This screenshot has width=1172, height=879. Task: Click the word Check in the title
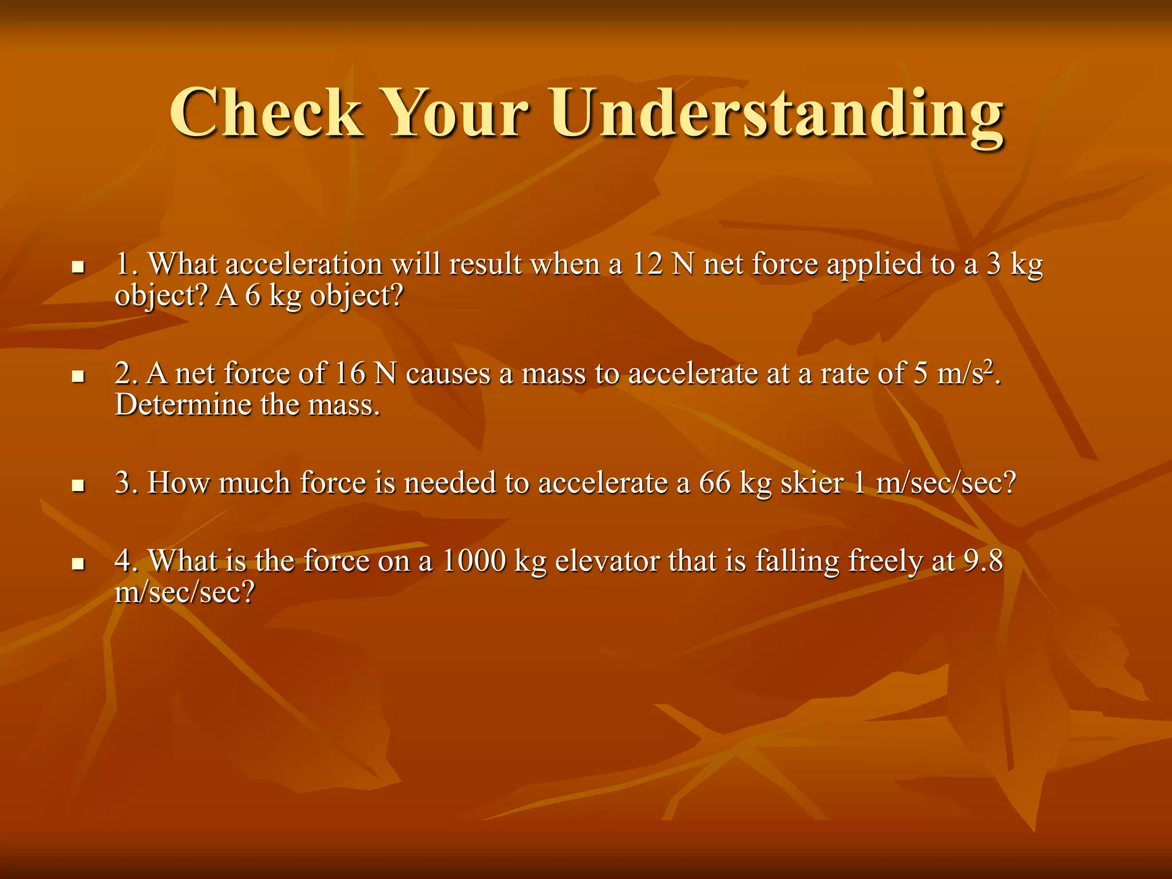(x=266, y=113)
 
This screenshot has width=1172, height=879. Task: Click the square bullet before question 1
(x=78, y=267)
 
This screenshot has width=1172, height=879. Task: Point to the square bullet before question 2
(x=78, y=376)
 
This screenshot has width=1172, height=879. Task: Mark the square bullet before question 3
(x=78, y=485)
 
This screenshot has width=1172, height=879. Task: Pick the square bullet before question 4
(x=78, y=564)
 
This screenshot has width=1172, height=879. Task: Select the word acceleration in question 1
(x=304, y=265)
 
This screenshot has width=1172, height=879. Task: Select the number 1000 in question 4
(x=474, y=561)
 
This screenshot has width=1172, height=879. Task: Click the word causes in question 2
(x=448, y=374)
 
